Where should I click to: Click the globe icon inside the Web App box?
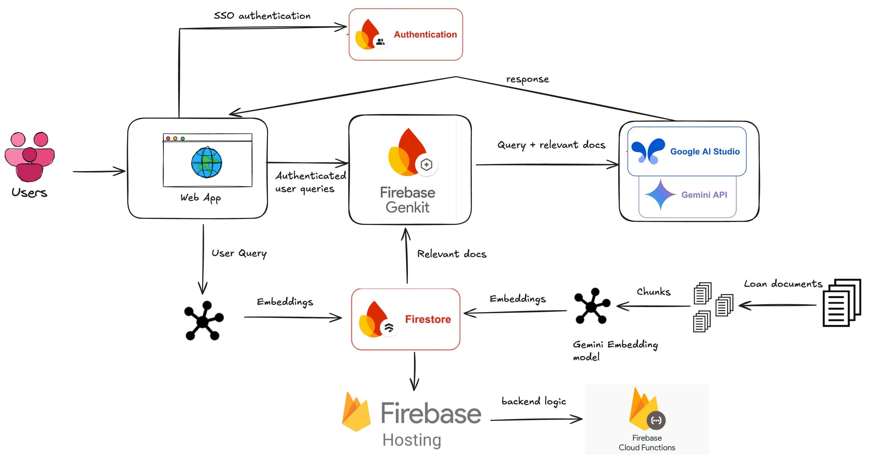[x=206, y=162]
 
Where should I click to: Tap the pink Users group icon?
[x=29, y=156]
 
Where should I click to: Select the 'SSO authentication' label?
[x=262, y=16]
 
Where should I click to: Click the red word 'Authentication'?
[x=425, y=34]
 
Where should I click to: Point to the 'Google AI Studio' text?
[x=705, y=152]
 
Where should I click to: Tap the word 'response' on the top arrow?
[x=527, y=80]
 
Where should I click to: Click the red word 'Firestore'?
[x=428, y=319]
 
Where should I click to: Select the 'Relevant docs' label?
[x=451, y=254]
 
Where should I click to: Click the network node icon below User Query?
[x=203, y=320]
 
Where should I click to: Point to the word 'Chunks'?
[x=653, y=292]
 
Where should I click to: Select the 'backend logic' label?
[x=534, y=401]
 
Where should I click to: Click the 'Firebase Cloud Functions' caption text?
[x=646, y=443]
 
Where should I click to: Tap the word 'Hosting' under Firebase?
[x=412, y=440]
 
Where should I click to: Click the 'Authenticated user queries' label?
[x=310, y=182]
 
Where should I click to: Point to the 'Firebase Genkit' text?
[x=407, y=200]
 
